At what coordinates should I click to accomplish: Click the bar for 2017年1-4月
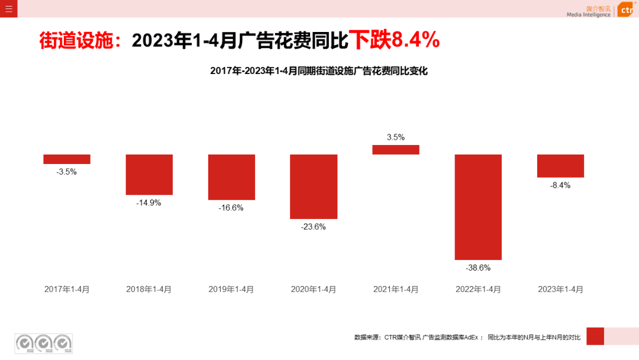pyautogui.click(x=67, y=159)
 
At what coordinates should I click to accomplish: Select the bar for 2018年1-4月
pyautogui.click(x=149, y=175)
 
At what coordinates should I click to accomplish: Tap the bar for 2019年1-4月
pyautogui.click(x=231, y=177)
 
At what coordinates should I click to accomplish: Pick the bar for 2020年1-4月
pyautogui.click(x=314, y=187)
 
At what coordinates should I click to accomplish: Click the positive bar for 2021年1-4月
pyautogui.click(x=396, y=150)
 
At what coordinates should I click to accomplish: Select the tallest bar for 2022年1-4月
pyautogui.click(x=478, y=207)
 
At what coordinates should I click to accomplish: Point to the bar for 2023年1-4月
pyautogui.click(x=560, y=166)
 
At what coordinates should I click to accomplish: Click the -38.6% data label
pyautogui.click(x=478, y=268)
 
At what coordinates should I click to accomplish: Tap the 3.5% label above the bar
pyautogui.click(x=396, y=137)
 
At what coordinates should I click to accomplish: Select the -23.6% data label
pyautogui.click(x=314, y=227)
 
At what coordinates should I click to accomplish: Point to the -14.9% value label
pyautogui.click(x=149, y=202)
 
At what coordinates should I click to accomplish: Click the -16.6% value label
pyautogui.click(x=231, y=208)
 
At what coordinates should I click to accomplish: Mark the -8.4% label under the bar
pyautogui.click(x=560, y=185)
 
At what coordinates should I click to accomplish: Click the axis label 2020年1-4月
pyautogui.click(x=314, y=290)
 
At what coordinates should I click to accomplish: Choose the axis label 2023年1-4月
pyautogui.click(x=560, y=290)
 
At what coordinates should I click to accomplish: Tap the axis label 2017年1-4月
pyautogui.click(x=67, y=290)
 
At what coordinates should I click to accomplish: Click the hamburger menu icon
pyautogui.click(x=8, y=8)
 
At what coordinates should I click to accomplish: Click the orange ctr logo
pyautogui.click(x=626, y=10)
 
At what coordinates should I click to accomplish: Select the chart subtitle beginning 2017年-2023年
pyautogui.click(x=318, y=71)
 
